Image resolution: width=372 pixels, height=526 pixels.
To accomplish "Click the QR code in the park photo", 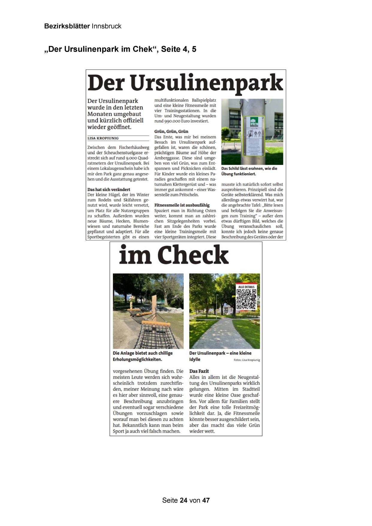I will tap(246, 299).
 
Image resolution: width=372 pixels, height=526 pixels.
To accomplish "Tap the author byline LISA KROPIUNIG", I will tap(103, 138).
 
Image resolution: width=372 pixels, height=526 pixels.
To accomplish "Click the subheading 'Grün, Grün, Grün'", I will tap(171, 131).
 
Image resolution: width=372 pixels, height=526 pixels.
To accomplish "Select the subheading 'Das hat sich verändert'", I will tap(109, 190).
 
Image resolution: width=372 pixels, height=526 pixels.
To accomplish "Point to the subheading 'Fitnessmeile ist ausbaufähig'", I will tap(182, 205).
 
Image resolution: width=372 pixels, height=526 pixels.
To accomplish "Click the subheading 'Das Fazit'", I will tap(199, 371).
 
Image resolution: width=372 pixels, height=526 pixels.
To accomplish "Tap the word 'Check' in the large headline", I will tap(193, 255).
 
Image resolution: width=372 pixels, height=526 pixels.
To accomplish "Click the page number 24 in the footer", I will tap(184, 500).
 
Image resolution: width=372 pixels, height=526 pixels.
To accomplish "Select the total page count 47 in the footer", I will tap(206, 500).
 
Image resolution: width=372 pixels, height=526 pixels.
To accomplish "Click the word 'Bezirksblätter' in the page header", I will tap(67, 26).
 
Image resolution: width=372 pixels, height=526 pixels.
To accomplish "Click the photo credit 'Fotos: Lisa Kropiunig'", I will tap(247, 360).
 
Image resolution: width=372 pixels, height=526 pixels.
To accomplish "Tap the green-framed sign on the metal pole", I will tap(254, 136).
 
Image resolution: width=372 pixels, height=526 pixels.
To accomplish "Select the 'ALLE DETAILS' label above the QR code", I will tap(246, 287).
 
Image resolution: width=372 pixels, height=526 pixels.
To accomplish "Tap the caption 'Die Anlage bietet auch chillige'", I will tap(143, 353).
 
